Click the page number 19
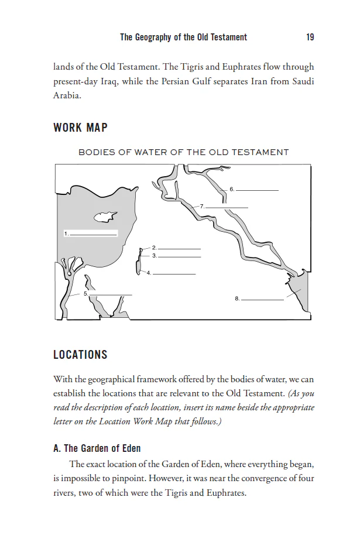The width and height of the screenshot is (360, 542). (x=310, y=37)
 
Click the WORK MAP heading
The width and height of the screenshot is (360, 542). (x=80, y=128)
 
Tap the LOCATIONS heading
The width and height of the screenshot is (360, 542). (x=80, y=355)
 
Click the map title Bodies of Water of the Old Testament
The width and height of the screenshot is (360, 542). (x=183, y=152)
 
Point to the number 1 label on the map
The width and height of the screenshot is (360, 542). (x=66, y=234)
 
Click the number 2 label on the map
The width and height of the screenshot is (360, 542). (x=153, y=248)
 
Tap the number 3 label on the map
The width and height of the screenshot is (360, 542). (x=154, y=256)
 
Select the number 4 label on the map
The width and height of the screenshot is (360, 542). (x=149, y=273)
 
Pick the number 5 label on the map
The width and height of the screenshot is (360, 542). (x=85, y=293)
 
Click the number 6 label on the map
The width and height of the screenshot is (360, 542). (x=232, y=189)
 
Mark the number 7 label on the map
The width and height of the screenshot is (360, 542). (x=201, y=207)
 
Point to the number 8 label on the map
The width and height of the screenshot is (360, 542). (x=236, y=299)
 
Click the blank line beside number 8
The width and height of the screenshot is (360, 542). (x=262, y=300)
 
